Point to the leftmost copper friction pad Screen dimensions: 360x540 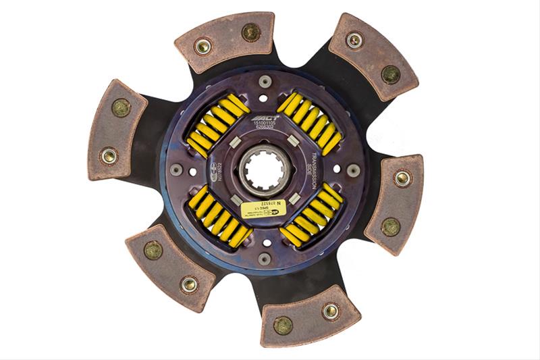point(115,129)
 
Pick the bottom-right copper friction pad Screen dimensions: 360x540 point(310,317)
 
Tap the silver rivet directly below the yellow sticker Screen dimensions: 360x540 point(265,257)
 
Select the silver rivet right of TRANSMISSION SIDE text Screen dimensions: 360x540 point(352,170)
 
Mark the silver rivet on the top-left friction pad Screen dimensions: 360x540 point(202,46)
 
